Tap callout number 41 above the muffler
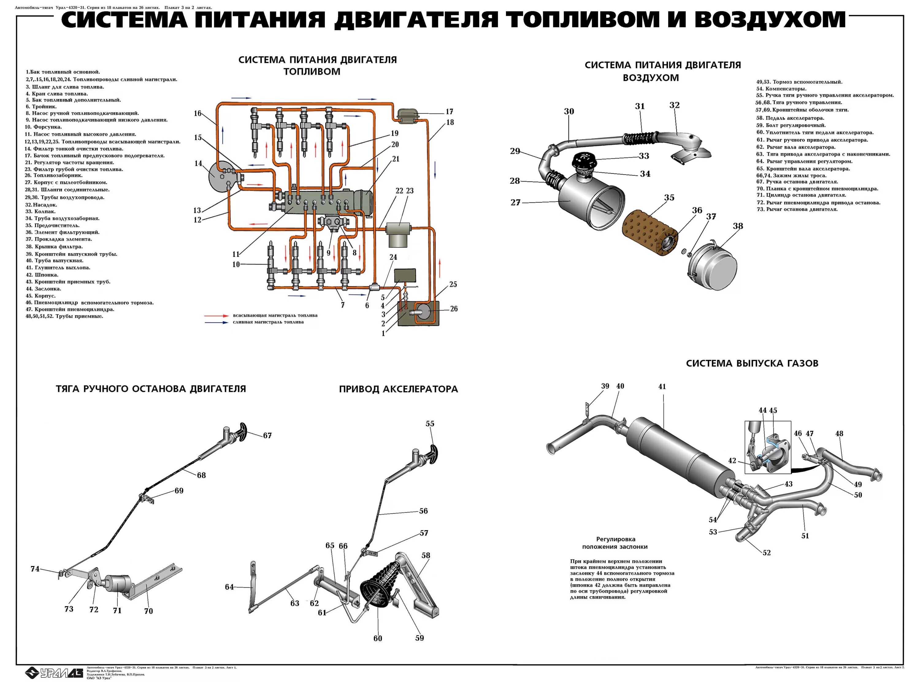click(x=662, y=386)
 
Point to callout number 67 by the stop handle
click(x=267, y=435)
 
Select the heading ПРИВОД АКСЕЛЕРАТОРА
click(x=398, y=389)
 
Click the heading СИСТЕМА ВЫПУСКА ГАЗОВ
click(x=752, y=363)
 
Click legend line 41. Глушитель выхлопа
click(x=58, y=268)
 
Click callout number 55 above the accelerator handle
click(x=430, y=424)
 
